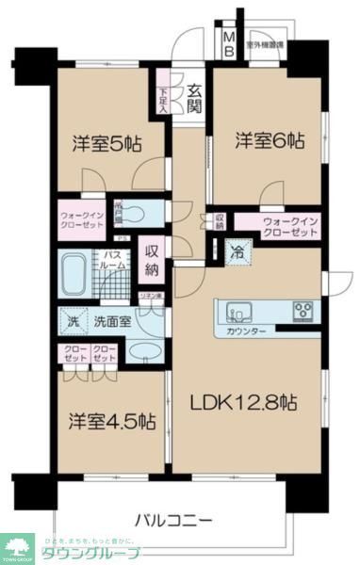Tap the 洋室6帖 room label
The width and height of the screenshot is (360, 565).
point(270,140)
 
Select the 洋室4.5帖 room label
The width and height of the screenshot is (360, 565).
point(110,421)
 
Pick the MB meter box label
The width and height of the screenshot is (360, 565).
point(229,43)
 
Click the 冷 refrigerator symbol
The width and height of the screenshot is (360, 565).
point(237,252)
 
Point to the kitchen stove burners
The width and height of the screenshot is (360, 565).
point(303,309)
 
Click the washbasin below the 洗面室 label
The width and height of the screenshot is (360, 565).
point(143,354)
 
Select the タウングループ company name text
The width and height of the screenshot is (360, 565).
point(93,551)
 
